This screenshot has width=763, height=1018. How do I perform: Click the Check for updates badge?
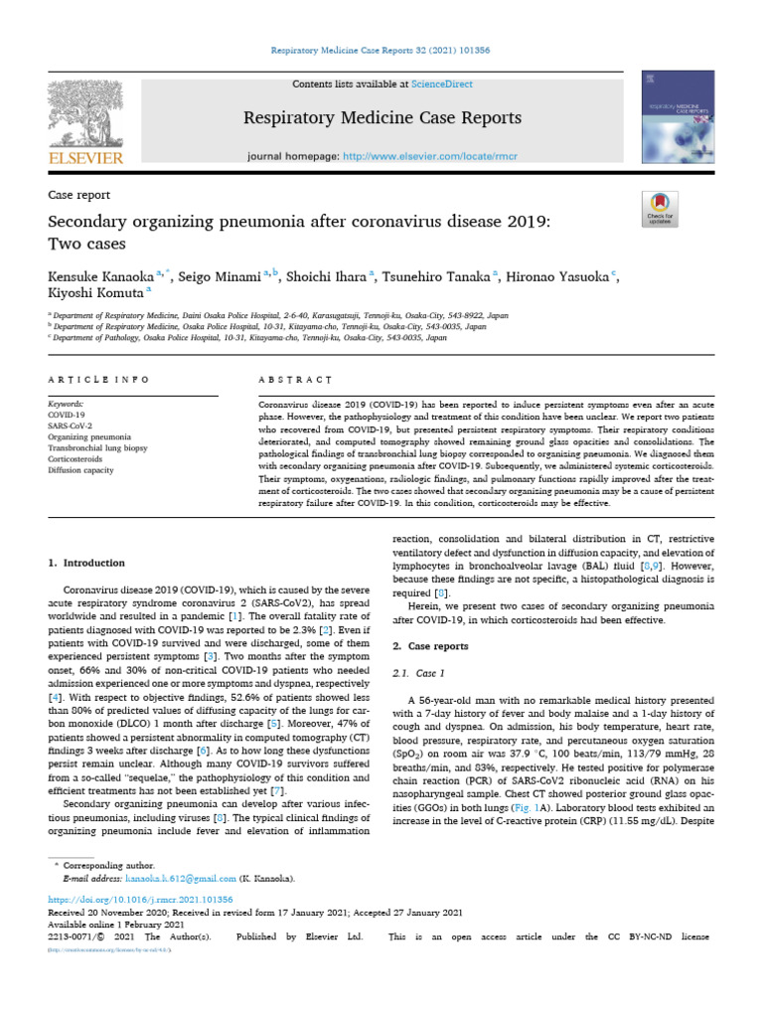pos(660,207)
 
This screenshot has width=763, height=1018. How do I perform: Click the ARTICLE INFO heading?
pos(99,380)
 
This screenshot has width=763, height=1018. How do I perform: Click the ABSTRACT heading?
pos(295,380)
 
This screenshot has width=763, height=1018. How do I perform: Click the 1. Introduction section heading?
pos(87,564)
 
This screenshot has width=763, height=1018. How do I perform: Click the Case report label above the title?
pos(79,196)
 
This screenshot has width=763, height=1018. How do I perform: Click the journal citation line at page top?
pos(381,50)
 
